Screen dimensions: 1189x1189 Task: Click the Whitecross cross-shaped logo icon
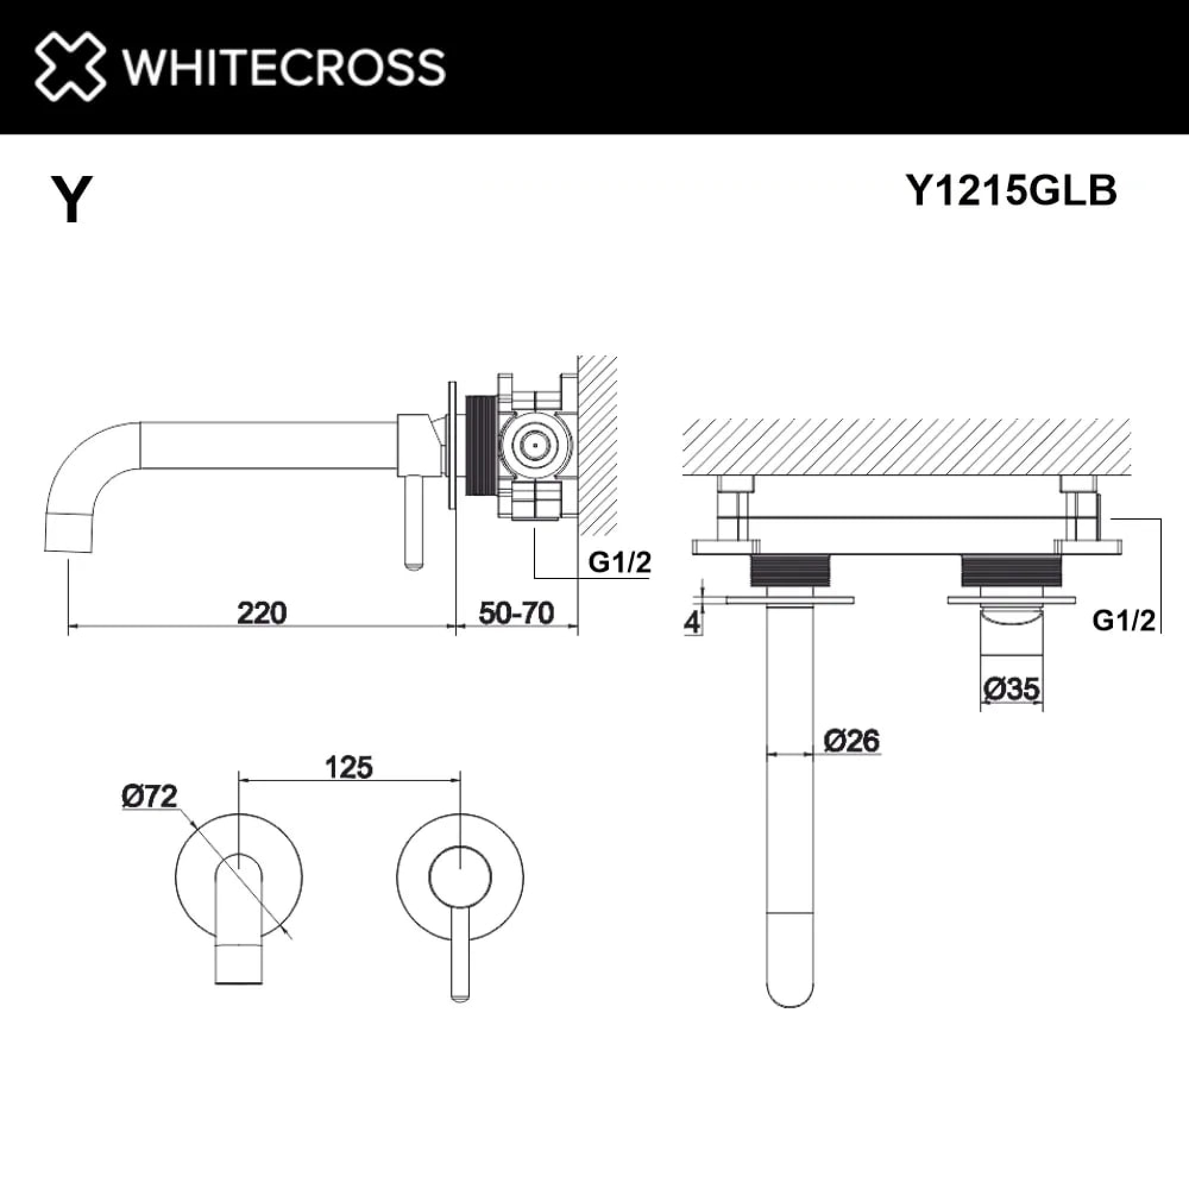coord(70,67)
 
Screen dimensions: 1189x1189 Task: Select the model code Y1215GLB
coord(1011,191)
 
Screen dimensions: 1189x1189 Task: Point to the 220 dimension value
coord(262,614)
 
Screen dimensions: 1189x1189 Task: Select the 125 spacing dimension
coord(348,767)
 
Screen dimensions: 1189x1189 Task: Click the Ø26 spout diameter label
coord(852,740)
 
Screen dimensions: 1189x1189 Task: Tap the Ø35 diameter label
coord(1012,688)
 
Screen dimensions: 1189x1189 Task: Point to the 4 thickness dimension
coord(693,623)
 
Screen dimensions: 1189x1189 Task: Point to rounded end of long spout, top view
coord(791,1003)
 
